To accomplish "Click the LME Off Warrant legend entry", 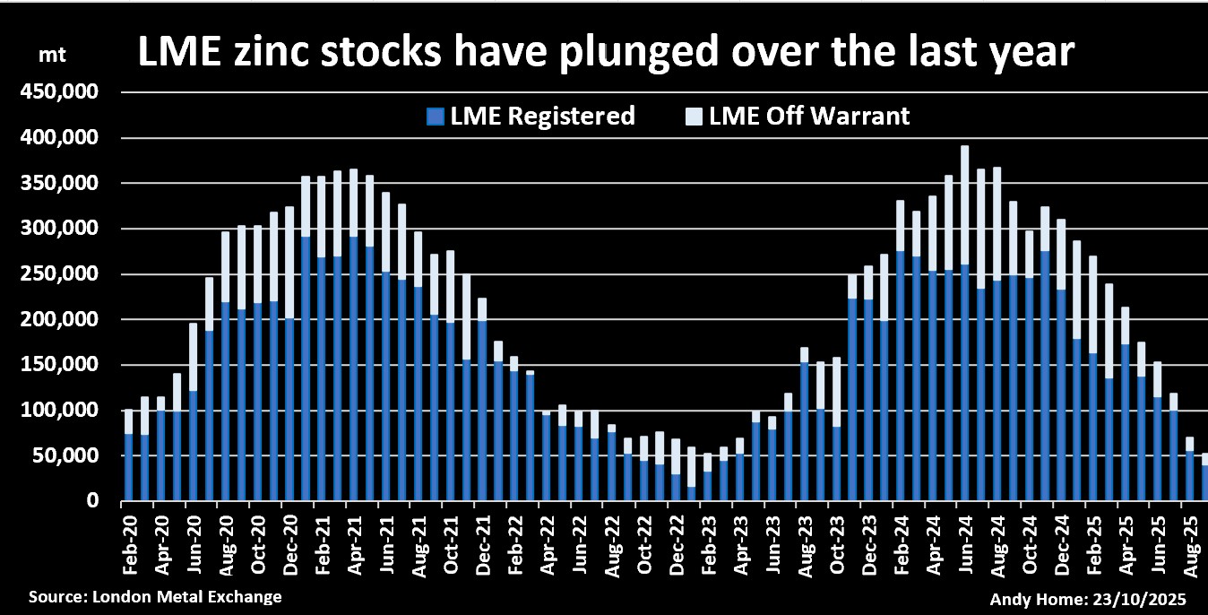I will (798, 116).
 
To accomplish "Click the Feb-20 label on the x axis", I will (127, 539).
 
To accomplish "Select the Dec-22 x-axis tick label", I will (676, 539).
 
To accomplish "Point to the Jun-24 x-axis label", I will (965, 539).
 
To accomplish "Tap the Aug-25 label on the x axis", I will (1190, 539).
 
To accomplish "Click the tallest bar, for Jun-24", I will (964, 323).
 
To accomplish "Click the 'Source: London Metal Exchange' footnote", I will (155, 596).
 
